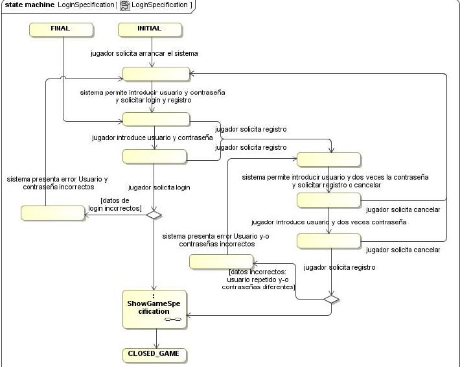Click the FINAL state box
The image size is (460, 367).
[x=60, y=29]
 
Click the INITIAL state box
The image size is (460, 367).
[x=150, y=29]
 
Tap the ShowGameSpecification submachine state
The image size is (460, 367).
[x=155, y=306]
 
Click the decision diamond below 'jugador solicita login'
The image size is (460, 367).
[x=154, y=214]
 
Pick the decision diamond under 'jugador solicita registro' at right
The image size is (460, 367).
[x=331, y=299]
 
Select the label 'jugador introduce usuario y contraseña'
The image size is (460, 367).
[x=153, y=137]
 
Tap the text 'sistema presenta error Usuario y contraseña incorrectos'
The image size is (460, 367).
[x=58, y=183]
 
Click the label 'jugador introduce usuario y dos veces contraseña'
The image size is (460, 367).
[x=328, y=222]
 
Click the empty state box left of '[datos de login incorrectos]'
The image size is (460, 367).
[x=53, y=213]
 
